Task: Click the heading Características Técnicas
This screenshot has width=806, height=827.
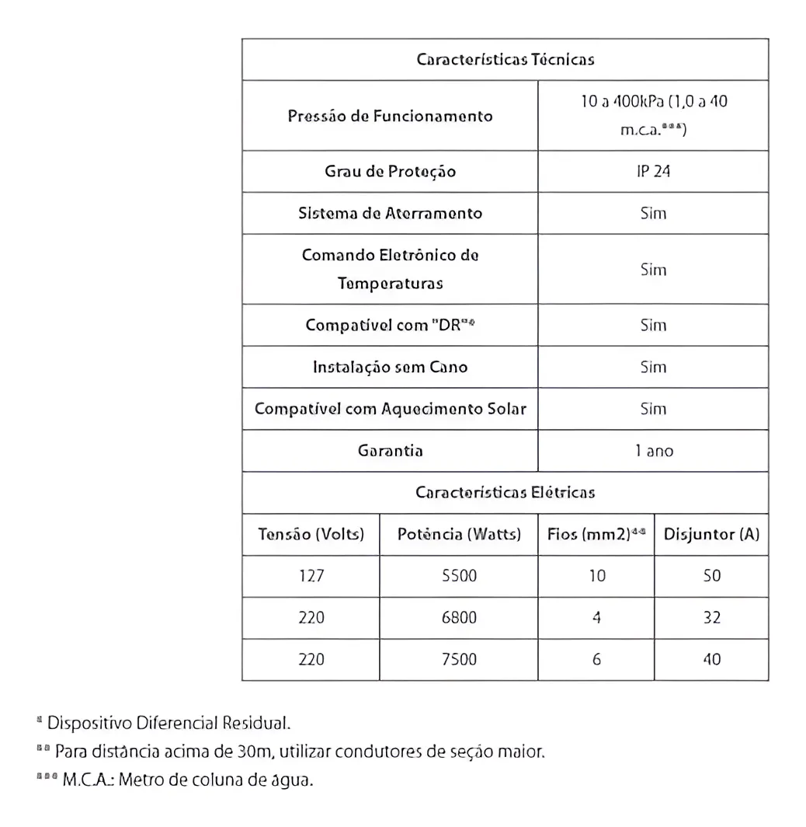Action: click(505, 59)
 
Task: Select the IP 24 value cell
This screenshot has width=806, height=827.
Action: click(653, 171)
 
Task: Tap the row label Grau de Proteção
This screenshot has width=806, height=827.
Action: click(390, 171)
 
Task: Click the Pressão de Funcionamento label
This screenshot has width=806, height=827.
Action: click(390, 116)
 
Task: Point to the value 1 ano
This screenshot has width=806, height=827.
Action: click(653, 451)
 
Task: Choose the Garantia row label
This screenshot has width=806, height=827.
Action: click(390, 451)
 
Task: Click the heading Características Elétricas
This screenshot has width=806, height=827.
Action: click(505, 492)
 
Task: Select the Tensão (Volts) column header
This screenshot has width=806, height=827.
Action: click(311, 535)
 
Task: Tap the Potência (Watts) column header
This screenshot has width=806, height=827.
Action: click(458, 535)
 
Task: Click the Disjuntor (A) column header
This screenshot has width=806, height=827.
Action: click(711, 535)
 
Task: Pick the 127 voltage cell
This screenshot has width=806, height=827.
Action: click(311, 576)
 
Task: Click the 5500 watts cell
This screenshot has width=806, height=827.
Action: click(458, 576)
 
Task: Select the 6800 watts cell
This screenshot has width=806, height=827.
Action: click(458, 618)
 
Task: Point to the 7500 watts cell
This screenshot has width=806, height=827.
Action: click(458, 659)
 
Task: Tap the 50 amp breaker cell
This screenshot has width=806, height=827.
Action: click(711, 576)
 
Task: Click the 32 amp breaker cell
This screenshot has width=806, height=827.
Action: click(711, 618)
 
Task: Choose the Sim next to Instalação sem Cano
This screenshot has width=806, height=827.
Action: click(653, 367)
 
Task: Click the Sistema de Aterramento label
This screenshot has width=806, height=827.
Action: click(390, 213)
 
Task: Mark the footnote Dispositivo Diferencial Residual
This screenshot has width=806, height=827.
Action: click(169, 724)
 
